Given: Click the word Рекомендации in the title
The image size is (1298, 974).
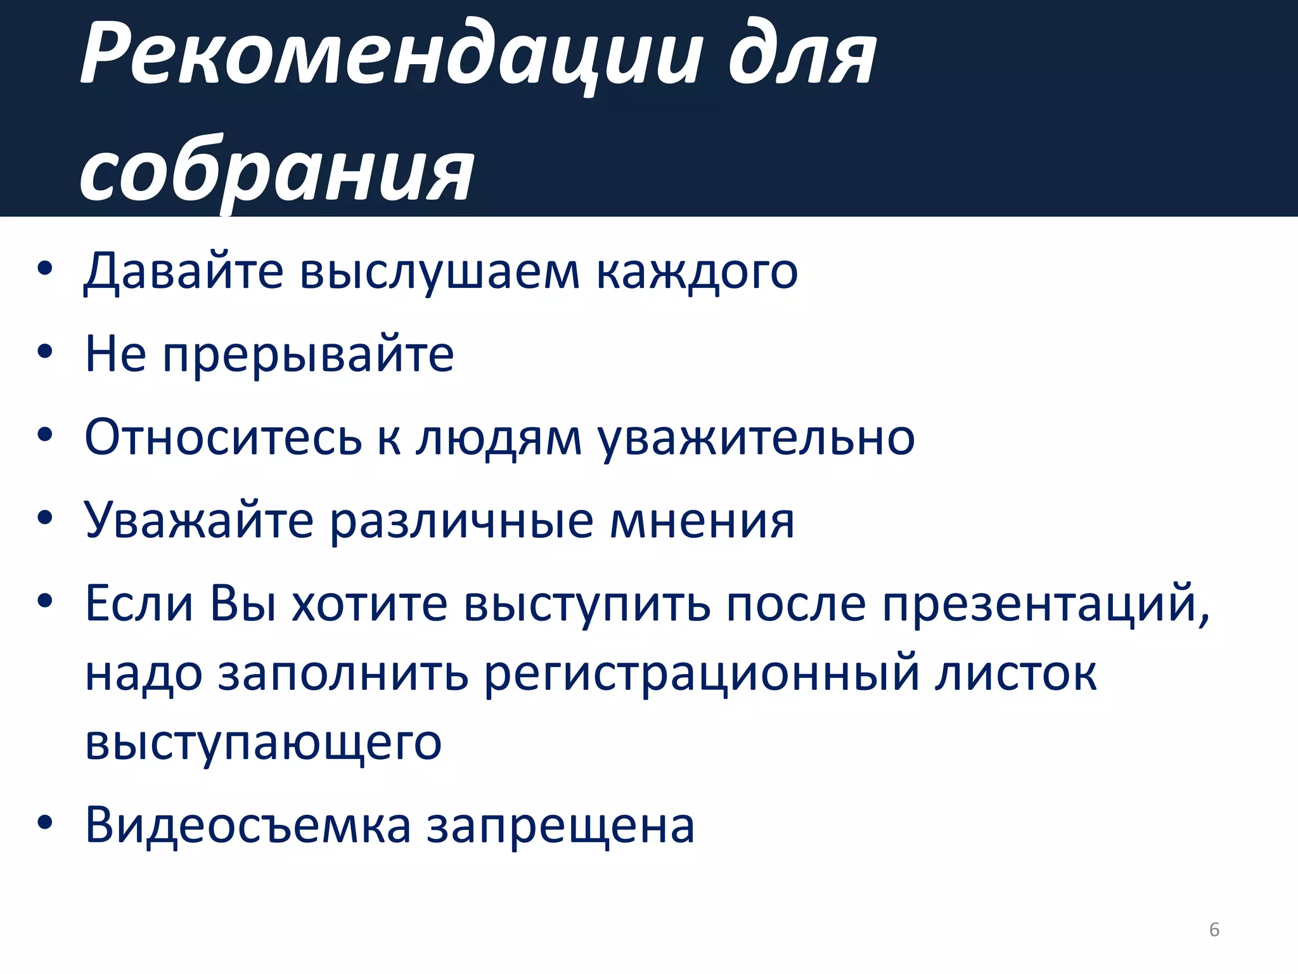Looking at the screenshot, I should pyautogui.click(x=392, y=56).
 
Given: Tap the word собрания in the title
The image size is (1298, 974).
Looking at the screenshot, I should pyautogui.click(x=277, y=171).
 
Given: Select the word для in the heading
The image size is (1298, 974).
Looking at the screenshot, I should pyautogui.click(x=802, y=56).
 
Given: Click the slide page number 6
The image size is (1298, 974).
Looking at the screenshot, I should pyautogui.click(x=1214, y=930).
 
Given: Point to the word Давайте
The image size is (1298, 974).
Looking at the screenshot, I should pyautogui.click(x=184, y=271).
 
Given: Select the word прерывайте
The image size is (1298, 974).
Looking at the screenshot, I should pyautogui.click(x=308, y=355).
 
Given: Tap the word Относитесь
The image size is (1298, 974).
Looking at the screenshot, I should pyautogui.click(x=223, y=438).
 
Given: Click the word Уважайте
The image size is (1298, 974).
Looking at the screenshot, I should pyautogui.click(x=199, y=521).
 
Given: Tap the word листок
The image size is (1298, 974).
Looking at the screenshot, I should pyautogui.click(x=1016, y=673).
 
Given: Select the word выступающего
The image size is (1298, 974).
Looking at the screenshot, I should pyautogui.click(x=263, y=744).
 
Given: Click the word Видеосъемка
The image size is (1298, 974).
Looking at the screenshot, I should pyautogui.click(x=248, y=826).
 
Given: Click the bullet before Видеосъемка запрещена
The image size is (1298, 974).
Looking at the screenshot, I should pyautogui.click(x=44, y=822).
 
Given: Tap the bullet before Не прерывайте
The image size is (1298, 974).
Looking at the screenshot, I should pyautogui.click(x=44, y=351).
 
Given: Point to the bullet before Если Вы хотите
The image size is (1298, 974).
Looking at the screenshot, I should pyautogui.click(x=44, y=600).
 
